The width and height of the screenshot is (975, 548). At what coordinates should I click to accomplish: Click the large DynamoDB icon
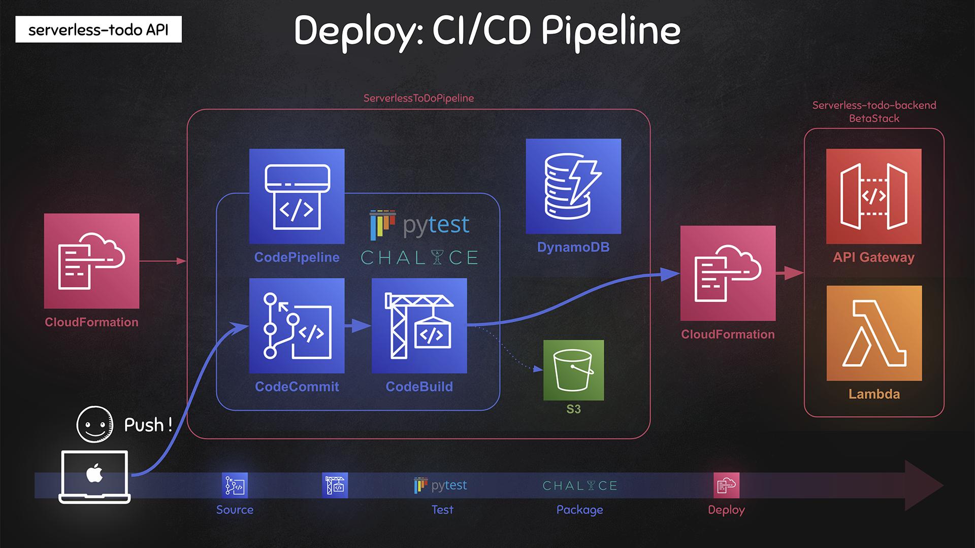(x=573, y=186)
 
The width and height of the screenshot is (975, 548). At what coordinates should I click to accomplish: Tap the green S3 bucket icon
(x=573, y=370)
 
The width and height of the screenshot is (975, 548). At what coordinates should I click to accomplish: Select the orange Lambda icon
(x=874, y=333)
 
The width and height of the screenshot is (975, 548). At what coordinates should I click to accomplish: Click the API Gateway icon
(x=873, y=196)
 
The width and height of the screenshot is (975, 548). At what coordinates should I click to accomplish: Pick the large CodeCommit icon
(x=297, y=326)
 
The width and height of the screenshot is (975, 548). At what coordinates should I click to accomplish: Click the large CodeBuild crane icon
(x=419, y=326)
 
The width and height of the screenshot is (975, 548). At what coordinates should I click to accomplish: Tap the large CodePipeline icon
(x=297, y=196)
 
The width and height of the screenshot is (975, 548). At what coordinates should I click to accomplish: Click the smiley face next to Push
(x=94, y=424)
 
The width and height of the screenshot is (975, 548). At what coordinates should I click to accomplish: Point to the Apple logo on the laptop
(x=94, y=474)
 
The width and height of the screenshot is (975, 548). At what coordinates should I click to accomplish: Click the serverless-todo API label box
(x=99, y=30)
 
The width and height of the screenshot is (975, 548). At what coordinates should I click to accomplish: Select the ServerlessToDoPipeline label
(x=418, y=98)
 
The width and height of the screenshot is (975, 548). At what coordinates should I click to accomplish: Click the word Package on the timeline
(x=579, y=509)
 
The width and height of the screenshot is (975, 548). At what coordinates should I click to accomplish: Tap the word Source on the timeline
(x=235, y=509)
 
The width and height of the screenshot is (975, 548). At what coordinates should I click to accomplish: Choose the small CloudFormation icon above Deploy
(x=726, y=486)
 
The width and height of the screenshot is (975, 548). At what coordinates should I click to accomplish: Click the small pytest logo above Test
(x=440, y=486)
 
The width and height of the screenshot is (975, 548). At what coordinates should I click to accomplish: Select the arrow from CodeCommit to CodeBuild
(x=358, y=325)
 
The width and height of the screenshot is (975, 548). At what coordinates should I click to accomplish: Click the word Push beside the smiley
(x=144, y=425)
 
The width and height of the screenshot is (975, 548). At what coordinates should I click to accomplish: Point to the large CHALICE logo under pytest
(x=419, y=258)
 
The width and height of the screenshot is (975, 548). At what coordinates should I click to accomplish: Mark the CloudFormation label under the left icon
(x=91, y=322)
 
